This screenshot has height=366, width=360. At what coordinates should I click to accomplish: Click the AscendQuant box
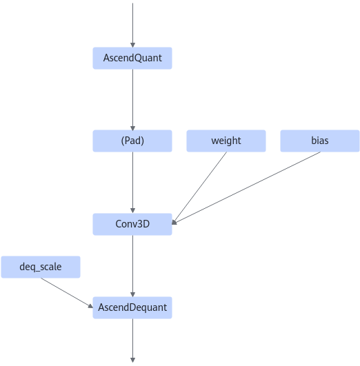point(132,58)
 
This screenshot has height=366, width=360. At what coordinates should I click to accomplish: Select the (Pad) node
point(132,141)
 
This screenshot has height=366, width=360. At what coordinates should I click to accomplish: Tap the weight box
point(226,141)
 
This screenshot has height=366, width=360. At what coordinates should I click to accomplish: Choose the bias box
point(320,141)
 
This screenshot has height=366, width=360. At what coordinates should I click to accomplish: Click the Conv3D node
point(132,224)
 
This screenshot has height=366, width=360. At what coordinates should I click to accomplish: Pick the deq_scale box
point(41,267)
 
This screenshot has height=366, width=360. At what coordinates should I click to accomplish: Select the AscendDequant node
point(132,307)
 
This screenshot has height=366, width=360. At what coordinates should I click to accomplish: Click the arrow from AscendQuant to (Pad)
point(132,100)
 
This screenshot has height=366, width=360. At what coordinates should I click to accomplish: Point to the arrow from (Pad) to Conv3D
point(132,183)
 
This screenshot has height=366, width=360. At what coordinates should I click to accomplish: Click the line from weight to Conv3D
point(199,188)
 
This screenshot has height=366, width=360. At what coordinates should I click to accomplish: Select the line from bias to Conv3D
point(246,188)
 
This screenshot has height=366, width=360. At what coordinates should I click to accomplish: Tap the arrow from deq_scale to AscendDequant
point(67,293)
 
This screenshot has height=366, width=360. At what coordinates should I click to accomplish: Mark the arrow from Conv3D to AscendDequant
point(132,266)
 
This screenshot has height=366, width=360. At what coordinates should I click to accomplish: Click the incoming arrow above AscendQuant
point(132,26)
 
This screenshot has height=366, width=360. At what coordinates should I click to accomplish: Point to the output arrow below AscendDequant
point(132,340)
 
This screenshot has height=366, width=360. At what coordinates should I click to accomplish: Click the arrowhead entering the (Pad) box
point(132,128)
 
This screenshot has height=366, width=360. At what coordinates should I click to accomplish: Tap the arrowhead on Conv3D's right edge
point(174,223)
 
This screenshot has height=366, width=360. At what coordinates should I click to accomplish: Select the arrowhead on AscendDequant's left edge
point(90,306)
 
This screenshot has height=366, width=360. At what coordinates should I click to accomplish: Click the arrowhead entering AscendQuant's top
point(132,45)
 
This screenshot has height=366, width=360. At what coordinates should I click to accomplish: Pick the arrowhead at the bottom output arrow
point(132,360)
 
